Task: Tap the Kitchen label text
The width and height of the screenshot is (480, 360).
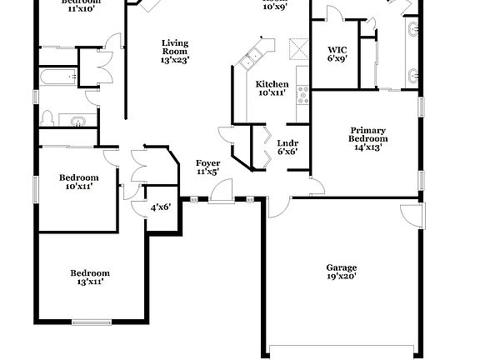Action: pyautogui.click(x=272, y=84)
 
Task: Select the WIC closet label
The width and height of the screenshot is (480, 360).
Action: pyautogui.click(x=337, y=49)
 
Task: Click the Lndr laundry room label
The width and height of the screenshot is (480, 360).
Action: pyautogui.click(x=287, y=142)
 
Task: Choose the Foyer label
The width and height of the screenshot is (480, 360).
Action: pyautogui.click(x=207, y=162)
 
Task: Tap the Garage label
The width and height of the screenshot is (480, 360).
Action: pyautogui.click(x=342, y=267)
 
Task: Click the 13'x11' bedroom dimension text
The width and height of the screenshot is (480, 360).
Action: pyautogui.click(x=89, y=282)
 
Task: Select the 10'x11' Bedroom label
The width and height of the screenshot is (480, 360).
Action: pyautogui.click(x=78, y=177)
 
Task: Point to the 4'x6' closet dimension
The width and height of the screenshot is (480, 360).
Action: pyautogui.click(x=160, y=207)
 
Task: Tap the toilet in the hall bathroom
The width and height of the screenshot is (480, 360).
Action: pyautogui.click(x=47, y=117)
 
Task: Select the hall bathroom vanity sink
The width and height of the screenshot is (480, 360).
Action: pyautogui.click(x=78, y=122)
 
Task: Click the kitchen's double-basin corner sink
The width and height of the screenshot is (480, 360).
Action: pyautogui.click(x=250, y=58)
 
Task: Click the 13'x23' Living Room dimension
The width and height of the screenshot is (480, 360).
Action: pyautogui.click(x=175, y=59)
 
